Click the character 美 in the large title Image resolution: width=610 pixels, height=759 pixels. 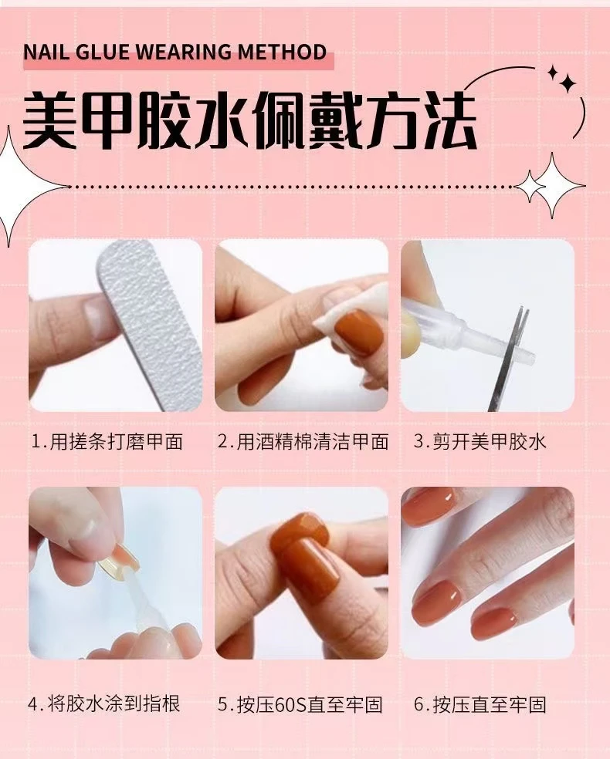pyautogui.click(x=50, y=120)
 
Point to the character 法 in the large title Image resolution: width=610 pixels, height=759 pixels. pyautogui.click(x=448, y=120)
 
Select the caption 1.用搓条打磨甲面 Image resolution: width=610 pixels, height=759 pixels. pyautogui.click(x=107, y=441)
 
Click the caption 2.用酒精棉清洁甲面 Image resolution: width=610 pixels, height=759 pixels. pyautogui.click(x=303, y=441)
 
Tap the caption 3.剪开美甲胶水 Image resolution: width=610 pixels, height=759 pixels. pyautogui.click(x=480, y=441)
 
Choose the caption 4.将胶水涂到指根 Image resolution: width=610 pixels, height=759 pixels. pyautogui.click(x=104, y=703)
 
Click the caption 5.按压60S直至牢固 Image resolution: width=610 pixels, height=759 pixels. pyautogui.click(x=300, y=704)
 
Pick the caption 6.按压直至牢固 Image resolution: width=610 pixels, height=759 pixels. pyautogui.click(x=480, y=704)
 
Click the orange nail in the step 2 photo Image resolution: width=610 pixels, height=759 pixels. pyautogui.click(x=359, y=333)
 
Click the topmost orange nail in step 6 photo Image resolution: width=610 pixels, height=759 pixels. pyautogui.click(x=429, y=505)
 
